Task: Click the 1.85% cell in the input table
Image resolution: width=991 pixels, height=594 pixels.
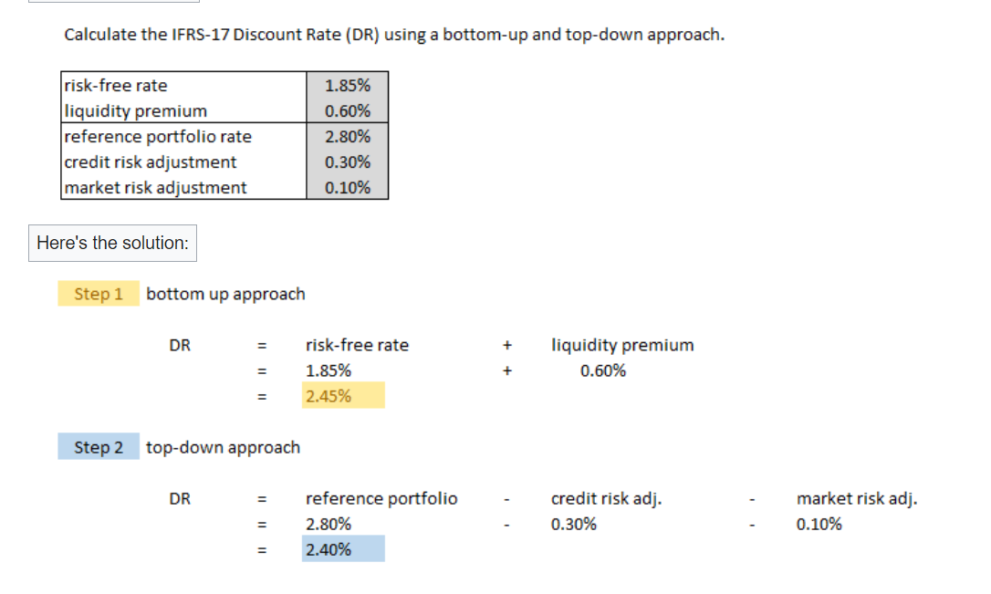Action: pyautogui.click(x=347, y=86)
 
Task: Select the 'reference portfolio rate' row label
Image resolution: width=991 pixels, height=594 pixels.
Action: pyautogui.click(x=158, y=137)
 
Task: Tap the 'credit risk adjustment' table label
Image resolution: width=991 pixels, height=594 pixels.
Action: pyautogui.click(x=151, y=162)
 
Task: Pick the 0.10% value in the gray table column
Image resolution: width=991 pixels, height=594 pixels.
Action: pyautogui.click(x=347, y=188)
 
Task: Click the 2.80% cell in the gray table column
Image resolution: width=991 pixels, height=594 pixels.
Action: pyautogui.click(x=347, y=137)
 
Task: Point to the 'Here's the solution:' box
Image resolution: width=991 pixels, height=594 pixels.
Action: pyautogui.click(x=112, y=243)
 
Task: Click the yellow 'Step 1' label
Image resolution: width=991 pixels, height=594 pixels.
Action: pyautogui.click(x=99, y=294)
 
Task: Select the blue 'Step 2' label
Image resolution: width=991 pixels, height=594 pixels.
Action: pyautogui.click(x=99, y=447)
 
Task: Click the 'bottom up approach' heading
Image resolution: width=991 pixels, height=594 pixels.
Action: pyautogui.click(x=225, y=294)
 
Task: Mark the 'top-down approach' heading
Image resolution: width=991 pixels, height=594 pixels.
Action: pyautogui.click(x=223, y=447)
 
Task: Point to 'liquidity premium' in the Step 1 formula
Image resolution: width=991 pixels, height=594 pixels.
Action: pyautogui.click(x=622, y=345)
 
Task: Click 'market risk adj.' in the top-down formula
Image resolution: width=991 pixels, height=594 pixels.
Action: pyautogui.click(x=857, y=498)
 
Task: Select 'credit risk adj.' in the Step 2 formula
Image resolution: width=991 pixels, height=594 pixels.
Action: pyautogui.click(x=607, y=498)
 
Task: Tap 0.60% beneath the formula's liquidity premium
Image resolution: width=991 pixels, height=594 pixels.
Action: pyautogui.click(x=603, y=370)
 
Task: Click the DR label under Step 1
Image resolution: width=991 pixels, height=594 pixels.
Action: pyautogui.click(x=180, y=345)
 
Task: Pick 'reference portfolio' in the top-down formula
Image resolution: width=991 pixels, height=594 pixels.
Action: pyautogui.click(x=381, y=498)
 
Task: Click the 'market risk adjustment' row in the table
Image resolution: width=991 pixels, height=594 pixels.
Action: pyautogui.click(x=155, y=188)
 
